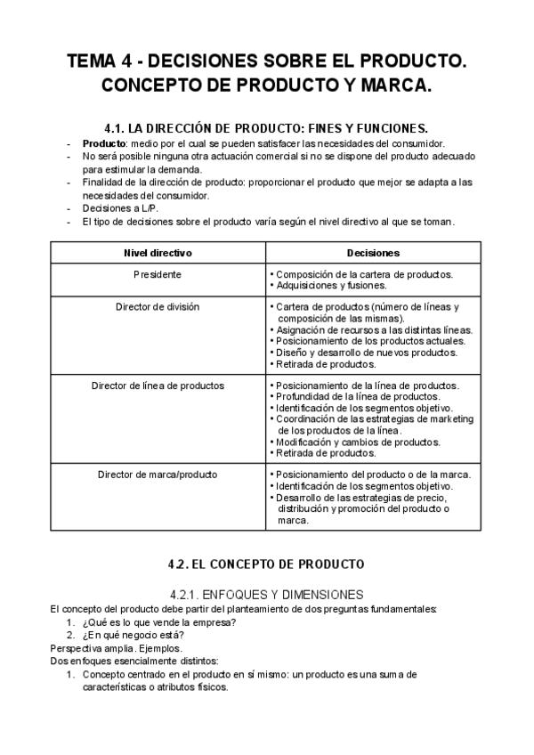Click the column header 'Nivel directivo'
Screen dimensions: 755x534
tap(158, 253)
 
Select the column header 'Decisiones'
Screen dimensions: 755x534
tap(372, 253)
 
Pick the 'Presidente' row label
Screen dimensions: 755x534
tap(158, 274)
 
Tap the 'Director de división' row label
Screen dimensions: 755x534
tap(158, 306)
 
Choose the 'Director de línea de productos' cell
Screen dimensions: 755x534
tap(158, 386)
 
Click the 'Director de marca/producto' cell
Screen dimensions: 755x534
tap(158, 474)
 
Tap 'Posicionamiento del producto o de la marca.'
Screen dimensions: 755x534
tap(373, 474)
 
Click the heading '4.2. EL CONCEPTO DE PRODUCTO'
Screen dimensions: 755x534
tap(266, 564)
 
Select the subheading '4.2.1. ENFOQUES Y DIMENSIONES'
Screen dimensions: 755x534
tap(266, 594)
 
